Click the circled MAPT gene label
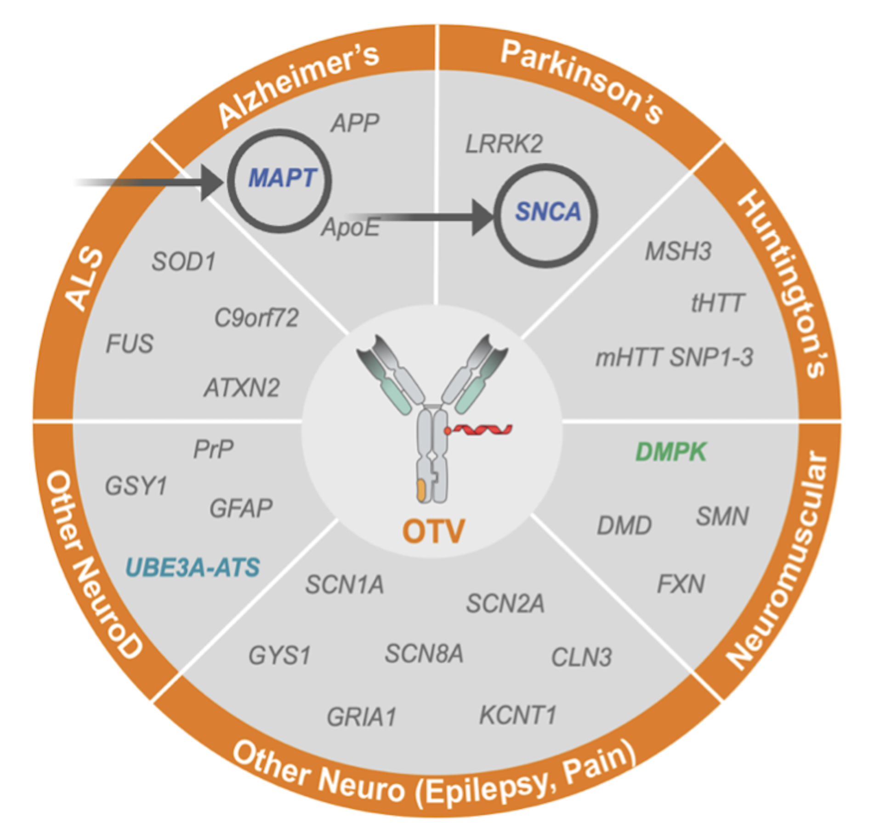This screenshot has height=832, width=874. point(282,178)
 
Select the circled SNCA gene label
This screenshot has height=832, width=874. point(548,212)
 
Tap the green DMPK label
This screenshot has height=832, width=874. point(670,452)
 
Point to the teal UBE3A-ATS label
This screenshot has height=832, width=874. point(193,567)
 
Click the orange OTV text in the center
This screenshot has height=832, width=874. point(433,531)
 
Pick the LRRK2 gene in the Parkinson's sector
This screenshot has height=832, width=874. point(504,144)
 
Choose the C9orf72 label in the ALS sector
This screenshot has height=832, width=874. point(256,318)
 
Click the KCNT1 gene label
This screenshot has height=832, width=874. point(518,715)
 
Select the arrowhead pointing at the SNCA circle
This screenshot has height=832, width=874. point(482,217)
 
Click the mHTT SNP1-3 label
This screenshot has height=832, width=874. point(674,358)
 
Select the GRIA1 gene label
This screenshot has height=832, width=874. point(361,717)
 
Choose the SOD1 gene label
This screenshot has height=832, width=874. point(183,262)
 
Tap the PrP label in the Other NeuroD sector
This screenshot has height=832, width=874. point(213,449)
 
